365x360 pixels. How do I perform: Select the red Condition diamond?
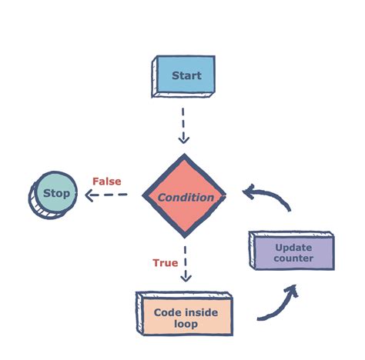(x=185, y=197)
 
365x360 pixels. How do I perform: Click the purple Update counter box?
(x=293, y=252)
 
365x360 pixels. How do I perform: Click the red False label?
(x=106, y=182)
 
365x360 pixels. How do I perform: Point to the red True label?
(x=165, y=263)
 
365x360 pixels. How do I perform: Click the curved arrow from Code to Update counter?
(x=277, y=303)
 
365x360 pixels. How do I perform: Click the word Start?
(x=186, y=75)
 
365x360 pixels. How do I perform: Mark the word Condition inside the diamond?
(x=186, y=198)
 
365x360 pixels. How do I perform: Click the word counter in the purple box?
(x=293, y=258)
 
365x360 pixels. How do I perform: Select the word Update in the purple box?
(x=293, y=247)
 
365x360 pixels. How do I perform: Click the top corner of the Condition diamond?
(x=185, y=156)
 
